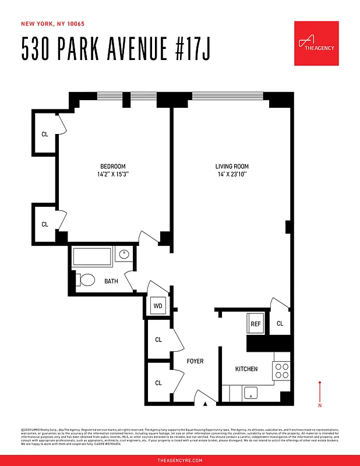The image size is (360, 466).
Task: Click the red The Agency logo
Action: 317,44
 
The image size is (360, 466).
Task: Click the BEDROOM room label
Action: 112,167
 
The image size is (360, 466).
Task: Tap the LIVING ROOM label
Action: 232,167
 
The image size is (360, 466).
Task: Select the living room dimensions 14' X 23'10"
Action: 232,174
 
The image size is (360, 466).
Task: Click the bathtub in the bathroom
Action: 92,256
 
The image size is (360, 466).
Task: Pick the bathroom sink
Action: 124,255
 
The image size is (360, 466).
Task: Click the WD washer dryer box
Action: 158,306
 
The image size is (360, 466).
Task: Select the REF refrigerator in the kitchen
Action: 256,324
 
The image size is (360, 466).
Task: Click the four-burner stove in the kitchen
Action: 281,371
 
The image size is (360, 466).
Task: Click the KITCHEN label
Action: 246,369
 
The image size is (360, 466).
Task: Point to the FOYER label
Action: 195,362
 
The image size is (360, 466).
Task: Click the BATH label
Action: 111,281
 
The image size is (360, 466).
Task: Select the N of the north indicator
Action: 320,405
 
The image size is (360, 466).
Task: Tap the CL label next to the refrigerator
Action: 280,324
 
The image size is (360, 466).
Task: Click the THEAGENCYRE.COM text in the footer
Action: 180,460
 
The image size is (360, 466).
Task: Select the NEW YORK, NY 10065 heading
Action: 52,24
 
